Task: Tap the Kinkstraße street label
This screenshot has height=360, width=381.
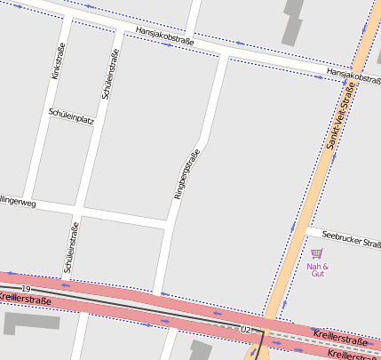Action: tap(59, 60)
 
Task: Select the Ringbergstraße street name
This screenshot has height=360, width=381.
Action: tap(187, 173)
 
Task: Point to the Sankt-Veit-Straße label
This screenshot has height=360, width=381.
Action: tap(342, 116)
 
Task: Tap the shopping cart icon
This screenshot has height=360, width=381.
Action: tap(317, 253)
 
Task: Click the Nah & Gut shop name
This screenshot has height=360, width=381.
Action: tap(317, 269)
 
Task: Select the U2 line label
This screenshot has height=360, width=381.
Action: tap(245, 330)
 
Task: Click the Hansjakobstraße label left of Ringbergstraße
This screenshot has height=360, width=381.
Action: tap(164, 36)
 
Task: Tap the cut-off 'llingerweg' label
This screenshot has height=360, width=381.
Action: tap(18, 204)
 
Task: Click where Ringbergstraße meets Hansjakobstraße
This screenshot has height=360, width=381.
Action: tap(224, 57)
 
